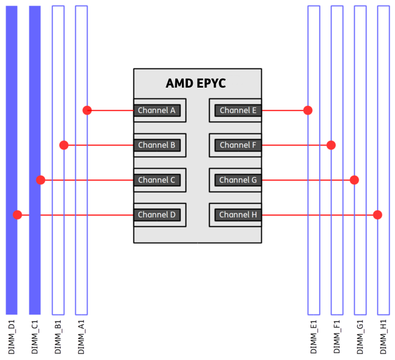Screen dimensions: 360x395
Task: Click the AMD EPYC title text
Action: pos(196,83)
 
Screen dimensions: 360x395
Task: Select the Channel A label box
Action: pos(157,110)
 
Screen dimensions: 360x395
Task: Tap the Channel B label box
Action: pos(157,145)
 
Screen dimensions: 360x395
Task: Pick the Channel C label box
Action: pos(157,180)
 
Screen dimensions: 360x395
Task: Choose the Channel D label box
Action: pos(157,215)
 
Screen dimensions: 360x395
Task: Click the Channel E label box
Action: pos(238,110)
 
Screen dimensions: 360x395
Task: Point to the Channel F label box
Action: pos(238,145)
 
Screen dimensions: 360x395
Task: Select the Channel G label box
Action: pos(238,180)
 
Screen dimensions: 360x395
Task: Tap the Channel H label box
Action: pos(238,215)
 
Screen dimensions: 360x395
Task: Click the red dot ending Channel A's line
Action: pos(87,110)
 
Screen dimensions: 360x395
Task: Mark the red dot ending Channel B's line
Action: pos(64,145)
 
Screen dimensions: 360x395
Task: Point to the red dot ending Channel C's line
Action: pos(41,180)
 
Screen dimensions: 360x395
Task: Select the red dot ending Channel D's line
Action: pos(18,215)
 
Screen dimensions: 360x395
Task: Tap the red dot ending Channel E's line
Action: pos(308,110)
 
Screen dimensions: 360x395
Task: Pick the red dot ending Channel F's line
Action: pos(331,145)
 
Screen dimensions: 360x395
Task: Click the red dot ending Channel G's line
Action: pos(354,180)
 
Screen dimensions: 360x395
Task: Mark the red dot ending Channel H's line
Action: pos(378,215)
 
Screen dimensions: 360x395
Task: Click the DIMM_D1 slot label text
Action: pos(12,337)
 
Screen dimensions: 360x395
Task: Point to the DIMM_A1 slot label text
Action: pos(82,337)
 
